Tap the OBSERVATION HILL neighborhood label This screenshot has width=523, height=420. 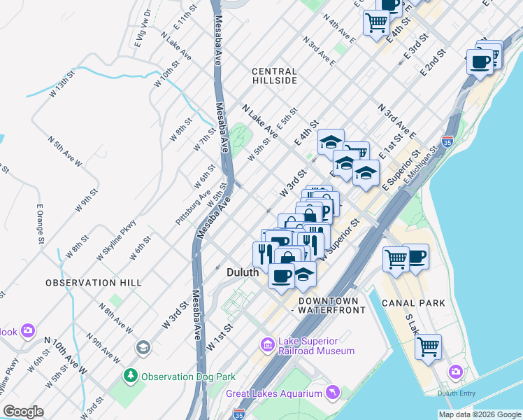coord(94,283)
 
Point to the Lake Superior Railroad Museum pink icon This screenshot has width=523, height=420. coord(267,344)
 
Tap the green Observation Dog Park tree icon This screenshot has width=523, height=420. coord(130,376)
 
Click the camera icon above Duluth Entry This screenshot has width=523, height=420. coord(456,371)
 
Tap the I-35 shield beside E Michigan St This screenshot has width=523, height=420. coord(447,140)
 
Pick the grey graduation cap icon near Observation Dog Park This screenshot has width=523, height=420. coord(143,347)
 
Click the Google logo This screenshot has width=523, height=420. coord(23,412)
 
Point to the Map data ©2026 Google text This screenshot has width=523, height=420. coord(479,414)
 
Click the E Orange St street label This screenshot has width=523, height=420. coord(41,225)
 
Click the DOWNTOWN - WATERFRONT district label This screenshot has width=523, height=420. coord(331,304)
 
